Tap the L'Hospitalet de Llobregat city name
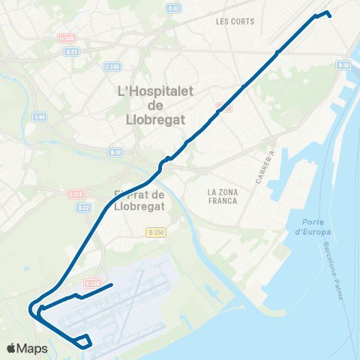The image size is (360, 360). [157, 105]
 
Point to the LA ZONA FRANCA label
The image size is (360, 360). [223, 197]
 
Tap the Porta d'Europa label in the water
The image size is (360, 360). [308, 226]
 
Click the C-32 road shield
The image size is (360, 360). [175, 8]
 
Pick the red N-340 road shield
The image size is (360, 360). [67, 37]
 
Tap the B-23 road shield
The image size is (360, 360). [71, 51]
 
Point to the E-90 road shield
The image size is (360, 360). [40, 117]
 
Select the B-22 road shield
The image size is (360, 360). [83, 207]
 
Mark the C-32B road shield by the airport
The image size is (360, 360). [92, 283]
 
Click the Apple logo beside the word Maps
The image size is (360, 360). [12, 348]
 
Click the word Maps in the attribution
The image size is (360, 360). [33, 348]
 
